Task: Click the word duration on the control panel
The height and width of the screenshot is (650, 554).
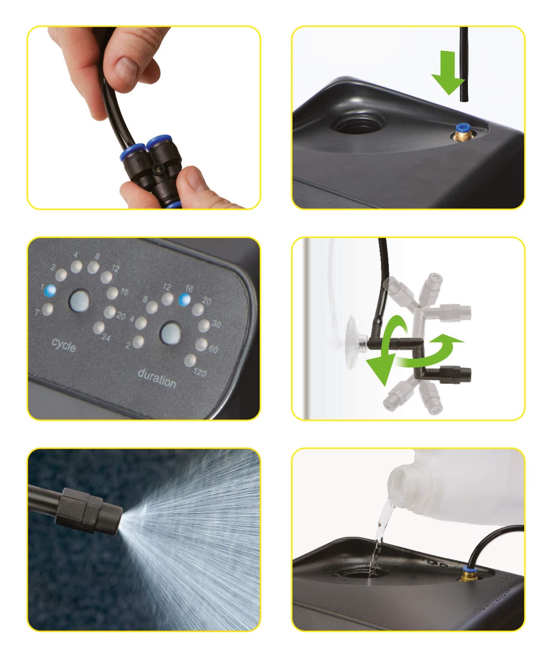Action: [157, 379]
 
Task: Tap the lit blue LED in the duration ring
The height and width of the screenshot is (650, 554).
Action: [185, 299]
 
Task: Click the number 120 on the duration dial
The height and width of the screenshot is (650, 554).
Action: [200, 372]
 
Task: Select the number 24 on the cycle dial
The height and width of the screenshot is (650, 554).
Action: [105, 338]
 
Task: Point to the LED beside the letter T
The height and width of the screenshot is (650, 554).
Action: [47, 309]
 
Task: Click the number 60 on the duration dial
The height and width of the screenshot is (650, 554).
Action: [213, 349]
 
